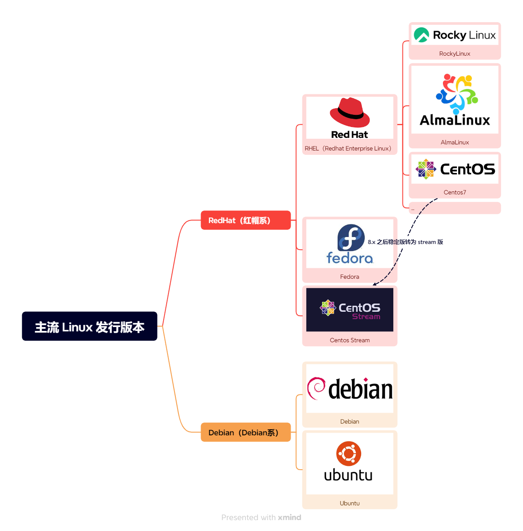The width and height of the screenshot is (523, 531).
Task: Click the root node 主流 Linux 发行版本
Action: tap(89, 326)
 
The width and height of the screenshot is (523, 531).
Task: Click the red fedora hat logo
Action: tap(350, 113)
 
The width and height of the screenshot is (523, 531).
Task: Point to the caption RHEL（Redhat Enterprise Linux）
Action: tap(348, 148)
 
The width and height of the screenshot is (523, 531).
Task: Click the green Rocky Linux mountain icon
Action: tap(421, 35)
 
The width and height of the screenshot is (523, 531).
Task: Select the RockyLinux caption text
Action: tap(455, 53)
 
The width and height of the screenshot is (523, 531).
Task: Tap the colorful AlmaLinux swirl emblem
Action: tap(457, 93)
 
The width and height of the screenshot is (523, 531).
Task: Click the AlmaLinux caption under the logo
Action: tap(455, 142)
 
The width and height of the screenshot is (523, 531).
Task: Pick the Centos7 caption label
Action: tap(455, 192)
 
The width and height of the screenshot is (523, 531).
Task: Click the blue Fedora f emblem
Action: tap(351, 238)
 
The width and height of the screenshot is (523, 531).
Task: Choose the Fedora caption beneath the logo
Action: tap(349, 277)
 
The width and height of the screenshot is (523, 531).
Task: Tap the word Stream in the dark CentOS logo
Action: tap(366, 317)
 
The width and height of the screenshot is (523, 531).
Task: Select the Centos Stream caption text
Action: tap(349, 340)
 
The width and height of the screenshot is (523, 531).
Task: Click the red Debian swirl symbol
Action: tap(316, 388)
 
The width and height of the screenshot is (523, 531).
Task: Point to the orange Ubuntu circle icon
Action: tap(349, 454)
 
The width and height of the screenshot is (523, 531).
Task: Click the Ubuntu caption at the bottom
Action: tap(349, 503)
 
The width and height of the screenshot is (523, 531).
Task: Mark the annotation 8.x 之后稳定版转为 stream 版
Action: tap(406, 242)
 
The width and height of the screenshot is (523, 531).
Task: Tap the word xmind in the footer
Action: tap(289, 517)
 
